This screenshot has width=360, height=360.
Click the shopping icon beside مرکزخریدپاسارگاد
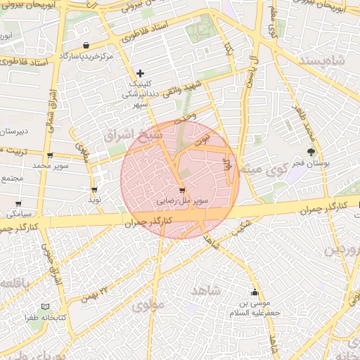coord(86,45)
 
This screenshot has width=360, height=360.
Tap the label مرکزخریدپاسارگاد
coord(86,56)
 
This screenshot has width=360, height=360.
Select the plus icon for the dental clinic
coord(141,72)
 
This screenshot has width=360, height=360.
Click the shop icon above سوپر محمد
coord(49,155)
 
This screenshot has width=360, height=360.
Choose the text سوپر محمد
coord(49,166)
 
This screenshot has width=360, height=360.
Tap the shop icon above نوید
coord(94,190)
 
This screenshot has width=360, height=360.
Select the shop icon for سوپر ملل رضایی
coord(183,190)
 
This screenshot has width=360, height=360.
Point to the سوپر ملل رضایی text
coord(183,201)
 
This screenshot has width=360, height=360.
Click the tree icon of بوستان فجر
coord(311,152)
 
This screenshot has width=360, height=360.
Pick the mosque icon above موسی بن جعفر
coord(255,292)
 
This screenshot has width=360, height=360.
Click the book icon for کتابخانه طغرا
coord(46,307)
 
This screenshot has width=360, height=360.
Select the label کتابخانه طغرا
coord(47,318)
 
